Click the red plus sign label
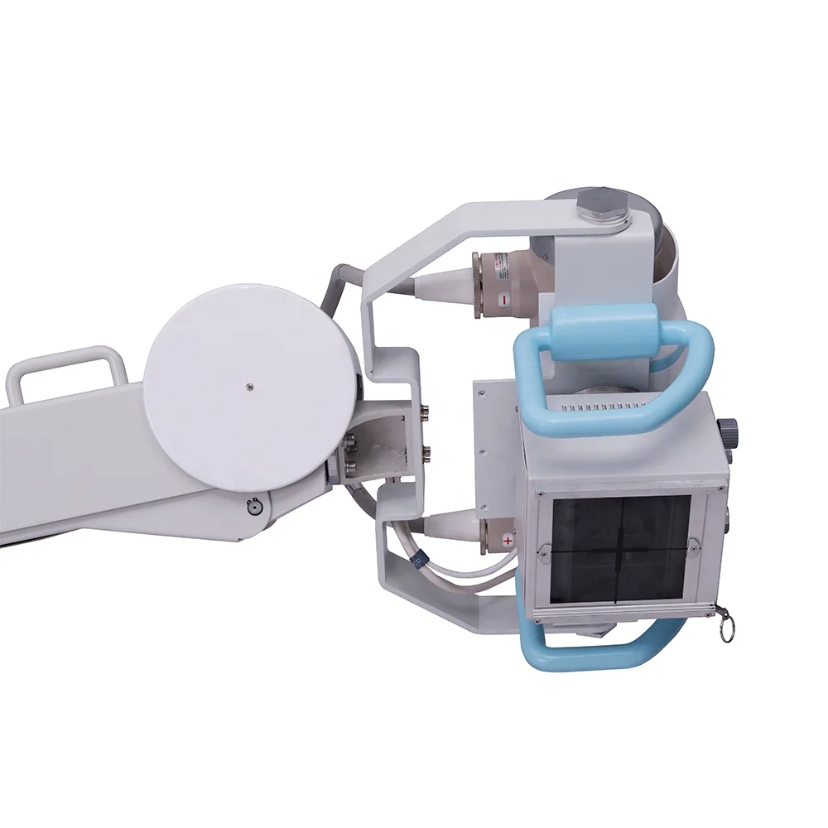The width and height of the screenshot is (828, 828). (x=508, y=540)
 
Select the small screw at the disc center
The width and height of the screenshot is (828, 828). (x=249, y=385)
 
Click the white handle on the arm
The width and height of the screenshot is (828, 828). (x=66, y=368)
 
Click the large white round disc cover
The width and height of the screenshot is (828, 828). (x=248, y=385)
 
